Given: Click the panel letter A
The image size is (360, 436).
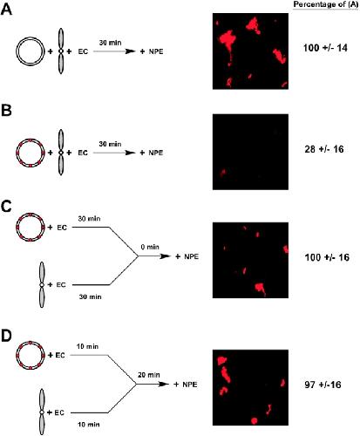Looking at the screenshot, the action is pyautogui.click(x=6, y=10).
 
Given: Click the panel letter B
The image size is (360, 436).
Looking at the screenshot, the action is pyautogui.click(x=6, y=111).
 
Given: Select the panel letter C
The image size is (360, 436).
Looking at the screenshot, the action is pyautogui.click(x=6, y=207).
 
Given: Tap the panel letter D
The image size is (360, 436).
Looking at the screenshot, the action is pyautogui.click(x=7, y=336).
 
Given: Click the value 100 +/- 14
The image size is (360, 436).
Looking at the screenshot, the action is pyautogui.click(x=325, y=48).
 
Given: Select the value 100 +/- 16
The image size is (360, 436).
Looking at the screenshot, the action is pyautogui.click(x=327, y=257).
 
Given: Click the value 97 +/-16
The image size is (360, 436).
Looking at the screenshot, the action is pyautogui.click(x=323, y=385).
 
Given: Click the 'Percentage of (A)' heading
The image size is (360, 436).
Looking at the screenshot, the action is pyautogui.click(x=326, y=4).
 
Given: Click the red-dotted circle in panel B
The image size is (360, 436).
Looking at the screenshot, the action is pyautogui.click(x=17, y=153).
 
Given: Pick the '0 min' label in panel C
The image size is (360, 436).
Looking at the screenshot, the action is pyautogui.click(x=150, y=247).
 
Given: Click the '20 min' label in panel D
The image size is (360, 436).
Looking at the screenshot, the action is pyautogui.click(x=149, y=375).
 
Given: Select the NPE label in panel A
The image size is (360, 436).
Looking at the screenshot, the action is pyautogui.click(x=156, y=51).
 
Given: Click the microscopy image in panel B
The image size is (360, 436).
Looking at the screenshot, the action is pyautogui.click(x=250, y=152).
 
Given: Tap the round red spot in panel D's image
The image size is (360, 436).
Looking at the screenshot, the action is pyautogui.click(x=254, y=420).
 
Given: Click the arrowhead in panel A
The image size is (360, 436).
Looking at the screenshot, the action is pyautogui.click(x=130, y=51).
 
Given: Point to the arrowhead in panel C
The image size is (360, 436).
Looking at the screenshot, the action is pyautogui.click(x=165, y=256).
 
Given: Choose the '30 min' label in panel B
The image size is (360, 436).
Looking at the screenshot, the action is pyautogui.click(x=110, y=144).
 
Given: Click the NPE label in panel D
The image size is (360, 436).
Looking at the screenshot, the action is pyautogui.click(x=190, y=385).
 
